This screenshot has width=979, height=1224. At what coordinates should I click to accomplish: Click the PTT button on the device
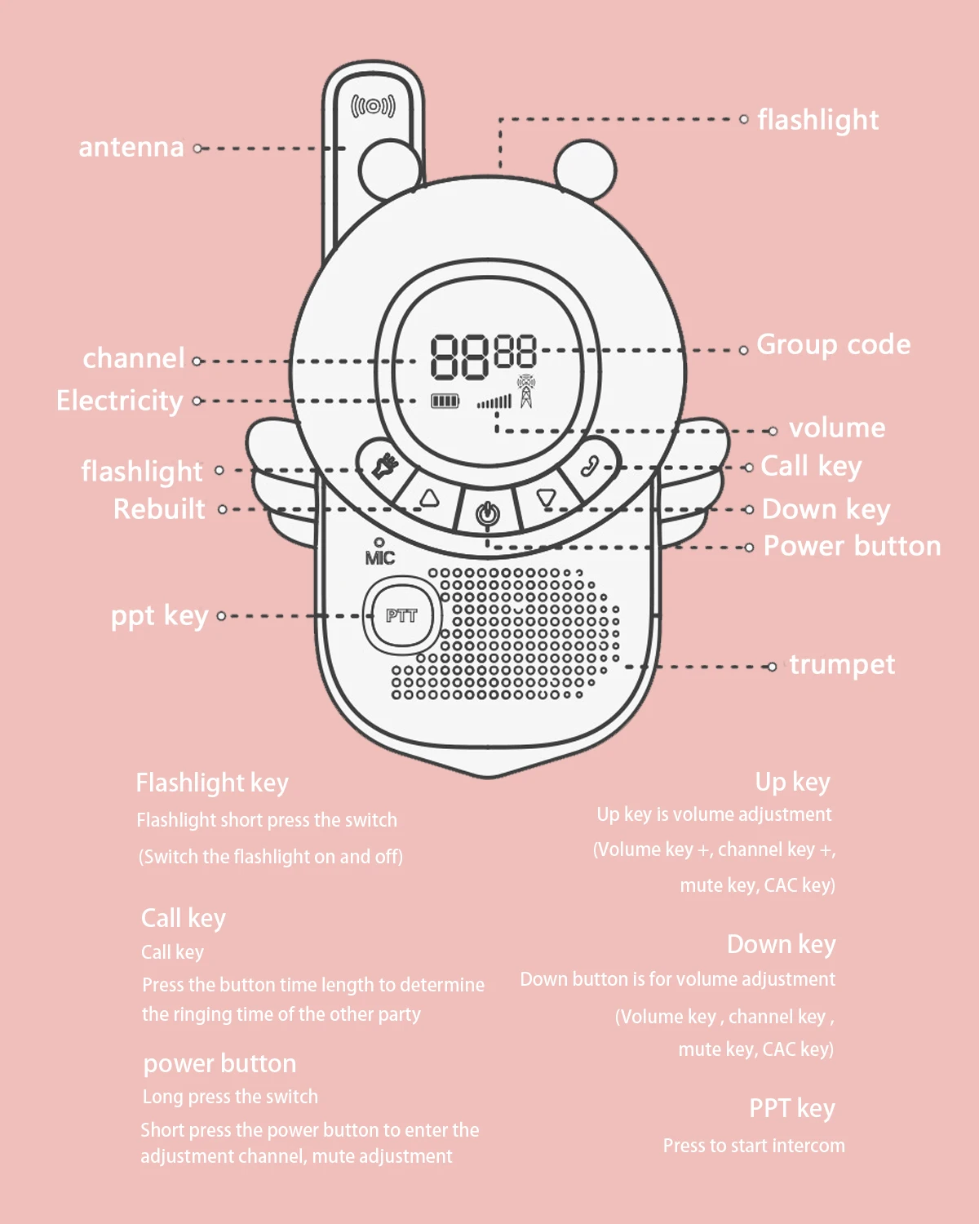pyautogui.click(x=401, y=616)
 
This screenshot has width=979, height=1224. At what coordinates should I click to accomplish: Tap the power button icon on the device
pyautogui.click(x=488, y=514)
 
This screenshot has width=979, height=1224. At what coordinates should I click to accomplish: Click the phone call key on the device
pyautogui.click(x=590, y=467)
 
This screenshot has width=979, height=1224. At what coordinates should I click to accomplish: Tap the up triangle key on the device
pyautogui.click(x=429, y=499)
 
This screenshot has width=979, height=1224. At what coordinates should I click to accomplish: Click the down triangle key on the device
pyautogui.click(x=546, y=498)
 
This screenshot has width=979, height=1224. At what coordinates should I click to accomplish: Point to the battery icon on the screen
pyautogui.click(x=445, y=401)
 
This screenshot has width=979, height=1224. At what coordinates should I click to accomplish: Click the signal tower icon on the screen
pyautogui.click(x=526, y=392)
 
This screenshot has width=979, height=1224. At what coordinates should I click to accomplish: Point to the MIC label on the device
pyautogui.click(x=380, y=557)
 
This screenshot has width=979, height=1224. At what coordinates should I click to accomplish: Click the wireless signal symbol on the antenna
pyautogui.click(x=374, y=106)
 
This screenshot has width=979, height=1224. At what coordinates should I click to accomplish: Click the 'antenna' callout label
pyautogui.click(x=131, y=148)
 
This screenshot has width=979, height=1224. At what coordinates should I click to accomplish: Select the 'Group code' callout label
pyautogui.click(x=833, y=345)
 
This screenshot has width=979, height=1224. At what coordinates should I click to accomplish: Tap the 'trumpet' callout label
pyautogui.click(x=842, y=665)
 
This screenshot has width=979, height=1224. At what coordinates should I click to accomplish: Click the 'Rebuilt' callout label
pyautogui.click(x=159, y=509)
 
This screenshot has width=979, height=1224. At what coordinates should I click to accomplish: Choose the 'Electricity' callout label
pyautogui.click(x=120, y=401)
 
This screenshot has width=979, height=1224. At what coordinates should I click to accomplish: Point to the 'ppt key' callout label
pyautogui.click(x=160, y=616)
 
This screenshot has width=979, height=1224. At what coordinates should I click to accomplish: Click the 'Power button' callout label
pyautogui.click(x=852, y=546)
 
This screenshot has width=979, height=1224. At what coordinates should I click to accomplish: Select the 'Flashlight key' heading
pyautogui.click(x=212, y=783)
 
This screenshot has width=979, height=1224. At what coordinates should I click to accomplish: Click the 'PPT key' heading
pyautogui.click(x=792, y=1109)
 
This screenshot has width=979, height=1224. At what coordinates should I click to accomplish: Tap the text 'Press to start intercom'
pyautogui.click(x=754, y=1146)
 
